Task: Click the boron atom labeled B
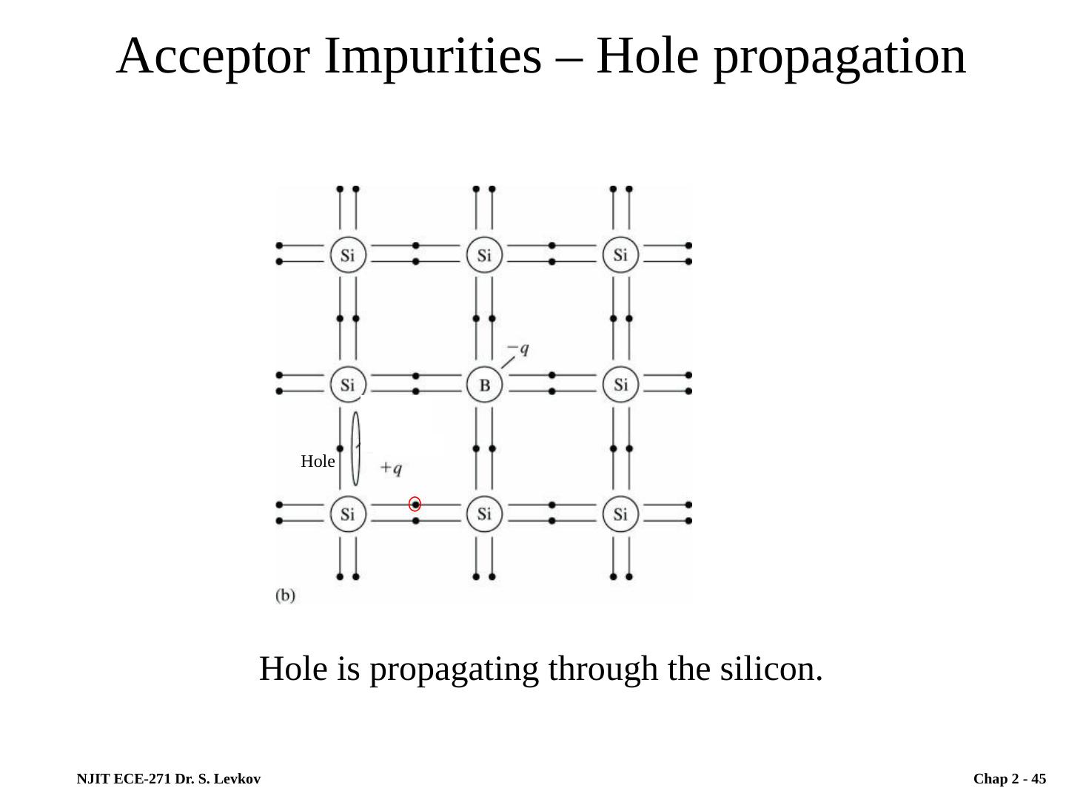(484, 385)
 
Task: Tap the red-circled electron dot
(415, 504)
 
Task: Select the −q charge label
(518, 348)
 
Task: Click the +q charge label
(391, 468)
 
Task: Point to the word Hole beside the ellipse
(318, 462)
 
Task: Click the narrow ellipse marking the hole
(355, 448)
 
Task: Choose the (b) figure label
(286, 595)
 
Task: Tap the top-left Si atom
(347, 255)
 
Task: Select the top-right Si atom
(620, 255)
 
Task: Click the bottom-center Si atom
(484, 513)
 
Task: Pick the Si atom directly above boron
(484, 255)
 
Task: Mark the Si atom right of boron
(620, 385)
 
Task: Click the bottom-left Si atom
(347, 513)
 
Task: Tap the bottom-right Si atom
(620, 513)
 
